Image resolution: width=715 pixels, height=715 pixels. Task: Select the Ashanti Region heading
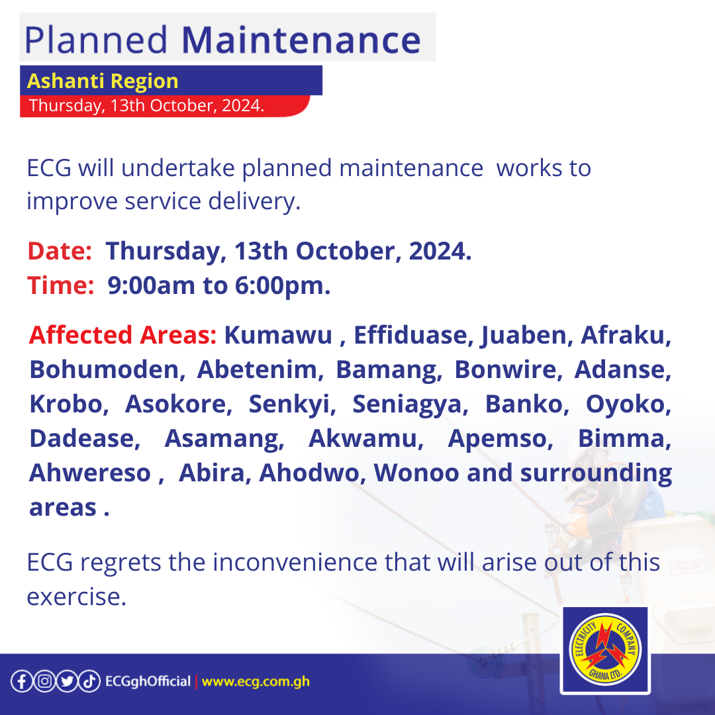coord(103,81)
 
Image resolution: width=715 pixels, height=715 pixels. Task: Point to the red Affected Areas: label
coord(122,336)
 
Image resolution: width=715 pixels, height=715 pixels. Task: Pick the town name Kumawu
coord(278,336)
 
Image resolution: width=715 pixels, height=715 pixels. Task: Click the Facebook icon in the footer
coord(21,681)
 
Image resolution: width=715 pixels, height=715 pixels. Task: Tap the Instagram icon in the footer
coord(44,681)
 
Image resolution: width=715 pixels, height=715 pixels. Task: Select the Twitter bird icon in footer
coord(66,681)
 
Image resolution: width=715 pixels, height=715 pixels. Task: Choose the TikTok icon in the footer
coord(89,681)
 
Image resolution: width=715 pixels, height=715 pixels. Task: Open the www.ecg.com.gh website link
coord(256,681)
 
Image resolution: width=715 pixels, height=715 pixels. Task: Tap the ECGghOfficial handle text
coord(148,681)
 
